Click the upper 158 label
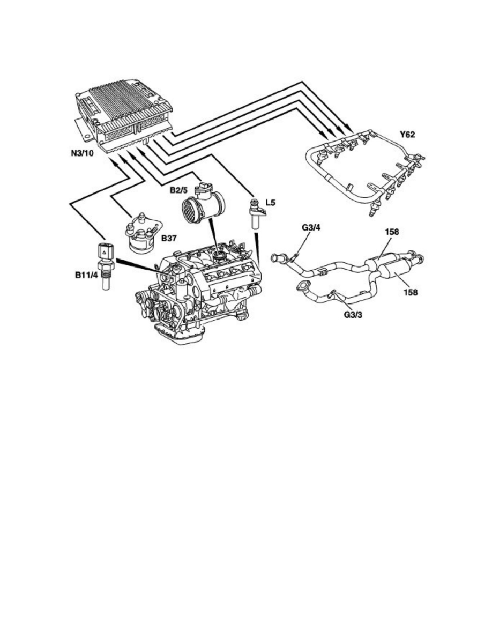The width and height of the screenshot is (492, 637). click(x=392, y=234)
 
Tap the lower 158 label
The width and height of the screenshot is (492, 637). click(x=411, y=293)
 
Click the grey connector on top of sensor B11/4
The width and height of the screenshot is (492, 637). click(x=103, y=251)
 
